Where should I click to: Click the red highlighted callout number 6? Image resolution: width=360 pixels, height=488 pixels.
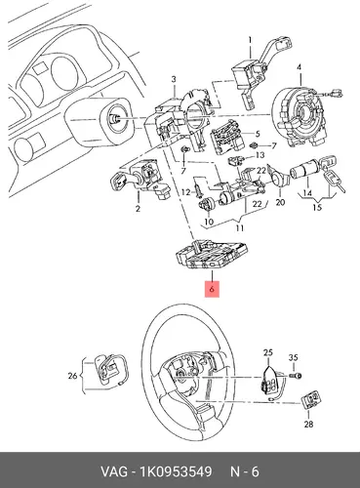pos(212,288)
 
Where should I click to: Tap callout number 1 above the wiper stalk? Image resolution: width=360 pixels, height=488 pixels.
pos(250,40)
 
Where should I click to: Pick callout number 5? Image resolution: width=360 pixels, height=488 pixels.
pos(258,134)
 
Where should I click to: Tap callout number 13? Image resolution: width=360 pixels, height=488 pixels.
pos(260,155)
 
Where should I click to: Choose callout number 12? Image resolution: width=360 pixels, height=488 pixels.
pos(185,192)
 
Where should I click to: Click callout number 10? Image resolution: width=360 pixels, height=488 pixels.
pos(209,222)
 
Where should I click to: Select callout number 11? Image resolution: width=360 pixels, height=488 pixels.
pos(239,227)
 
